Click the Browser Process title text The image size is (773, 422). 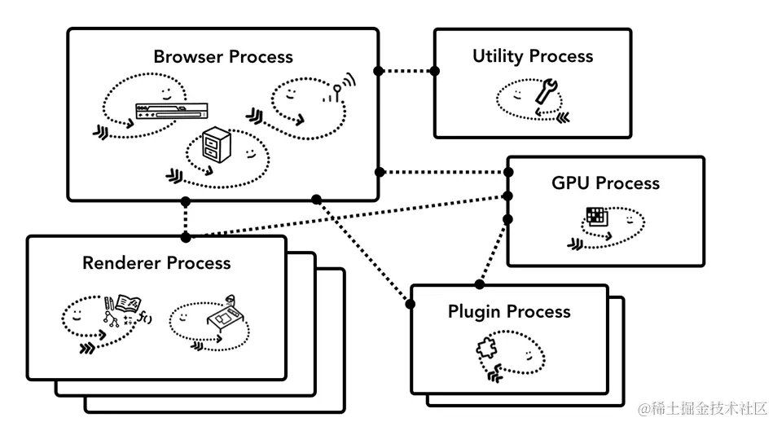[223, 57]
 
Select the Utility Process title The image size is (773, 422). [533, 56]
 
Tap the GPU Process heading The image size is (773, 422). [605, 183]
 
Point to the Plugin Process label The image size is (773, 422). [509, 311]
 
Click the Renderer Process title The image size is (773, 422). [156, 263]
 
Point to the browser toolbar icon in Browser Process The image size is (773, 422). [178, 110]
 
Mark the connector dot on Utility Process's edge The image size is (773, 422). [435, 71]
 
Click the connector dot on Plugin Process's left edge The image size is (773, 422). [410, 305]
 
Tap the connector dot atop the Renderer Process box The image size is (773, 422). [186, 237]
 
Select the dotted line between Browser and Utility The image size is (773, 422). [406, 71]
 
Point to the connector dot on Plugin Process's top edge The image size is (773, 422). [480, 285]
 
